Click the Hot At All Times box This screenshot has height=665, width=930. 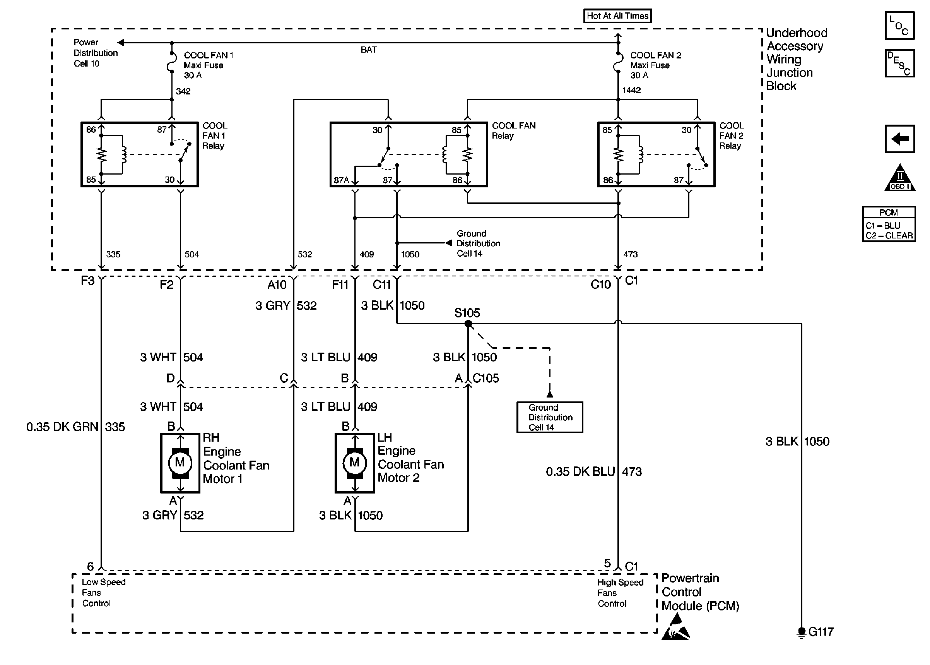pyautogui.click(x=617, y=16)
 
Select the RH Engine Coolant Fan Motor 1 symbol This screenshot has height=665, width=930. pyautogui.click(x=180, y=463)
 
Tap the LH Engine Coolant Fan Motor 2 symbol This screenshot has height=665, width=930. pyautogui.click(x=355, y=463)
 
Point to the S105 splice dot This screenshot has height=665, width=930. pyautogui.click(x=468, y=324)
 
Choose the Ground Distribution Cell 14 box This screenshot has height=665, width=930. pyautogui.click(x=549, y=417)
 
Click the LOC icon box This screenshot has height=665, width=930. pyautogui.click(x=899, y=26)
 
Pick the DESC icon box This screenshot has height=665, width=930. pyautogui.click(x=899, y=63)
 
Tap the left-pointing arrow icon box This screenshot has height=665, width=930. pyautogui.click(x=900, y=139)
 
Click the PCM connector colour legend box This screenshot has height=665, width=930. pyautogui.click(x=889, y=224)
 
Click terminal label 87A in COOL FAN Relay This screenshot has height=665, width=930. pyautogui.click(x=341, y=180)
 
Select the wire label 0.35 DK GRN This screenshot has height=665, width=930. pyautogui.click(x=62, y=427)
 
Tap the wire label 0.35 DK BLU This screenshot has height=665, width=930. pyautogui.click(x=580, y=472)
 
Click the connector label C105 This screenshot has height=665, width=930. pyautogui.click(x=486, y=378)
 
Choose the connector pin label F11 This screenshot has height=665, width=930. pyautogui.click(x=340, y=285)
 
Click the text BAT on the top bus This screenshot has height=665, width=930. pyautogui.click(x=369, y=50)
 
